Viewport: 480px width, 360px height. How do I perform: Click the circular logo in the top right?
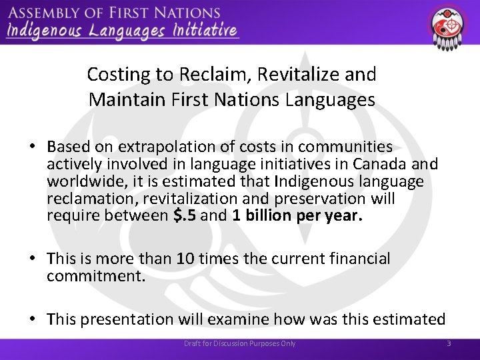(x=448, y=27)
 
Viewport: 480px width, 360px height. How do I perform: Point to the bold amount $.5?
(x=183, y=216)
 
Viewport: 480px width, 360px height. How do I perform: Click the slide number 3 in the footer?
(x=449, y=343)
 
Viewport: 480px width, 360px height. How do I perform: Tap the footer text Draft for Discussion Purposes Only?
(x=240, y=343)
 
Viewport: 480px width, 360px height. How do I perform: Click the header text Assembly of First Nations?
(x=113, y=13)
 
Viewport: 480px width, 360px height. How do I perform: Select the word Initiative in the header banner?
(x=204, y=30)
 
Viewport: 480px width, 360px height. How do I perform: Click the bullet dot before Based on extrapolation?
(x=32, y=147)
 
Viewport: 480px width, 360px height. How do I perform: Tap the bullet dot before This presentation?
(x=32, y=320)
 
